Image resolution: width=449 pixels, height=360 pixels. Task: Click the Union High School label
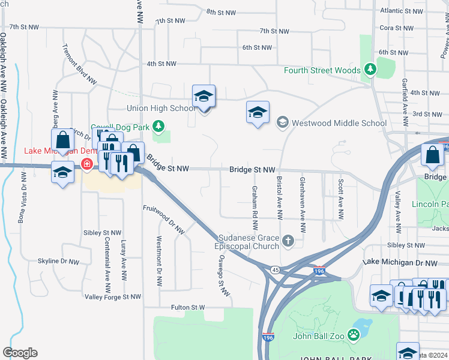coord(161,108)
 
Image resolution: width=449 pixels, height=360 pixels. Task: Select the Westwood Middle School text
coord(339,123)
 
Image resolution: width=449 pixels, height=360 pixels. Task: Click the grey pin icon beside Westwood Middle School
coord(282,123)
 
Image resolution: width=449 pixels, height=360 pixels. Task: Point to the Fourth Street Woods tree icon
coord(370,70)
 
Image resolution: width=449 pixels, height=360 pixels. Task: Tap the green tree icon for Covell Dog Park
coord(158,126)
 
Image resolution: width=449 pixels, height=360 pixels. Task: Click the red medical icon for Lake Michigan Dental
coord(87,164)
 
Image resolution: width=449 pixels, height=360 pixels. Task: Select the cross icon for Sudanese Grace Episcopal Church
coord(288,241)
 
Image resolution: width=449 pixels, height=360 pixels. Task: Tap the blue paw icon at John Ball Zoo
coord(355,335)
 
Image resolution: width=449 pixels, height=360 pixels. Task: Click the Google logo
coord(20,352)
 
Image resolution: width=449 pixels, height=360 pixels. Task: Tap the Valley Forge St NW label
coord(113,296)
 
